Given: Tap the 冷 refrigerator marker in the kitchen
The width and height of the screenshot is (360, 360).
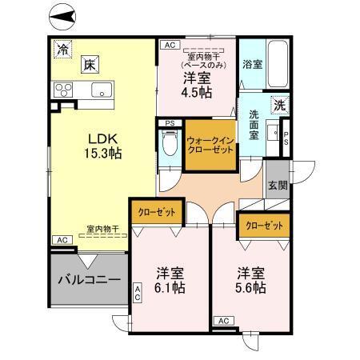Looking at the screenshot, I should tap(62, 49).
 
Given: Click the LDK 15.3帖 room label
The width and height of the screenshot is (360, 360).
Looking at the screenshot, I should tap(104, 145).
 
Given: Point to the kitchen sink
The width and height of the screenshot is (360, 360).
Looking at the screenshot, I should tap(101, 88).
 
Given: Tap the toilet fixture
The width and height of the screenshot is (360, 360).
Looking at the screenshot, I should tap(169, 146).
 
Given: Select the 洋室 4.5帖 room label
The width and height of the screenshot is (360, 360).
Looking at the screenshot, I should tap(197, 84).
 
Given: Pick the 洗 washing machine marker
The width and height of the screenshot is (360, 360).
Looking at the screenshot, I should tap(278, 105).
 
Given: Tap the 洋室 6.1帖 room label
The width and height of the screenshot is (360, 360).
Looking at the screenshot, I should tap(171, 279).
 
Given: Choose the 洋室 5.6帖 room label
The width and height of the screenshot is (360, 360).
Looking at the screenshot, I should tap(250, 279).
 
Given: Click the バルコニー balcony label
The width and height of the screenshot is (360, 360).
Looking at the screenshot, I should tap(89, 281).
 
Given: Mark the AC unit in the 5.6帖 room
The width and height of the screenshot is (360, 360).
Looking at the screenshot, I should tap(224, 321).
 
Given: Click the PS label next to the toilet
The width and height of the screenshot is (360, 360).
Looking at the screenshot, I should tap(169, 122).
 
